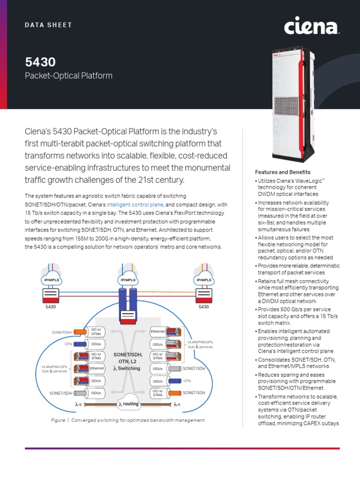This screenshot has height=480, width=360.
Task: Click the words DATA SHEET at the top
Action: coord(48,25)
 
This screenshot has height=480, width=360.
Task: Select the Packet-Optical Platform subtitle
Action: coord(68,75)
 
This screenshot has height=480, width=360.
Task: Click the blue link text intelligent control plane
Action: coord(135,205)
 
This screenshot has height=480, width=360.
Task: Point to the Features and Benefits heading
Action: coord(283,172)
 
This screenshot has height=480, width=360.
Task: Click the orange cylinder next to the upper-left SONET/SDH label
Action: coord(80,332)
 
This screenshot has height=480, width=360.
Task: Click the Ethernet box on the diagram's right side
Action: coord(157,332)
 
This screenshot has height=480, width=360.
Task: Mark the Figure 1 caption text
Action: coord(127,420)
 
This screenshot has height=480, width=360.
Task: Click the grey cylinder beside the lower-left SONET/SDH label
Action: coord(80,393)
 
